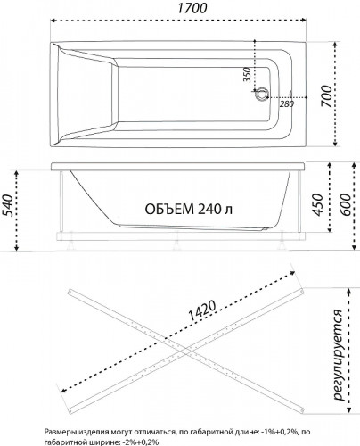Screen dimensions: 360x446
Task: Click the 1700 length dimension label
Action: [x=192, y=8]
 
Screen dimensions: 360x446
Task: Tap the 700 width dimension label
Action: [x=326, y=96]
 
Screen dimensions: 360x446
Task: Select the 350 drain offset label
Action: [x=248, y=75]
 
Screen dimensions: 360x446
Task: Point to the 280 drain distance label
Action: [x=287, y=104]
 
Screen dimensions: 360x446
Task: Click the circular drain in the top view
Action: [x=262, y=95]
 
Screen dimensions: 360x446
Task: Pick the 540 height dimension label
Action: [x=8, y=205]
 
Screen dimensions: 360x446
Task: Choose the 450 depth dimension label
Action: [x=317, y=204]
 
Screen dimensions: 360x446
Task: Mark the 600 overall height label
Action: [x=346, y=204]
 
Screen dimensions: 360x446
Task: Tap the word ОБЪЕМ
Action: [x=168, y=209]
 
